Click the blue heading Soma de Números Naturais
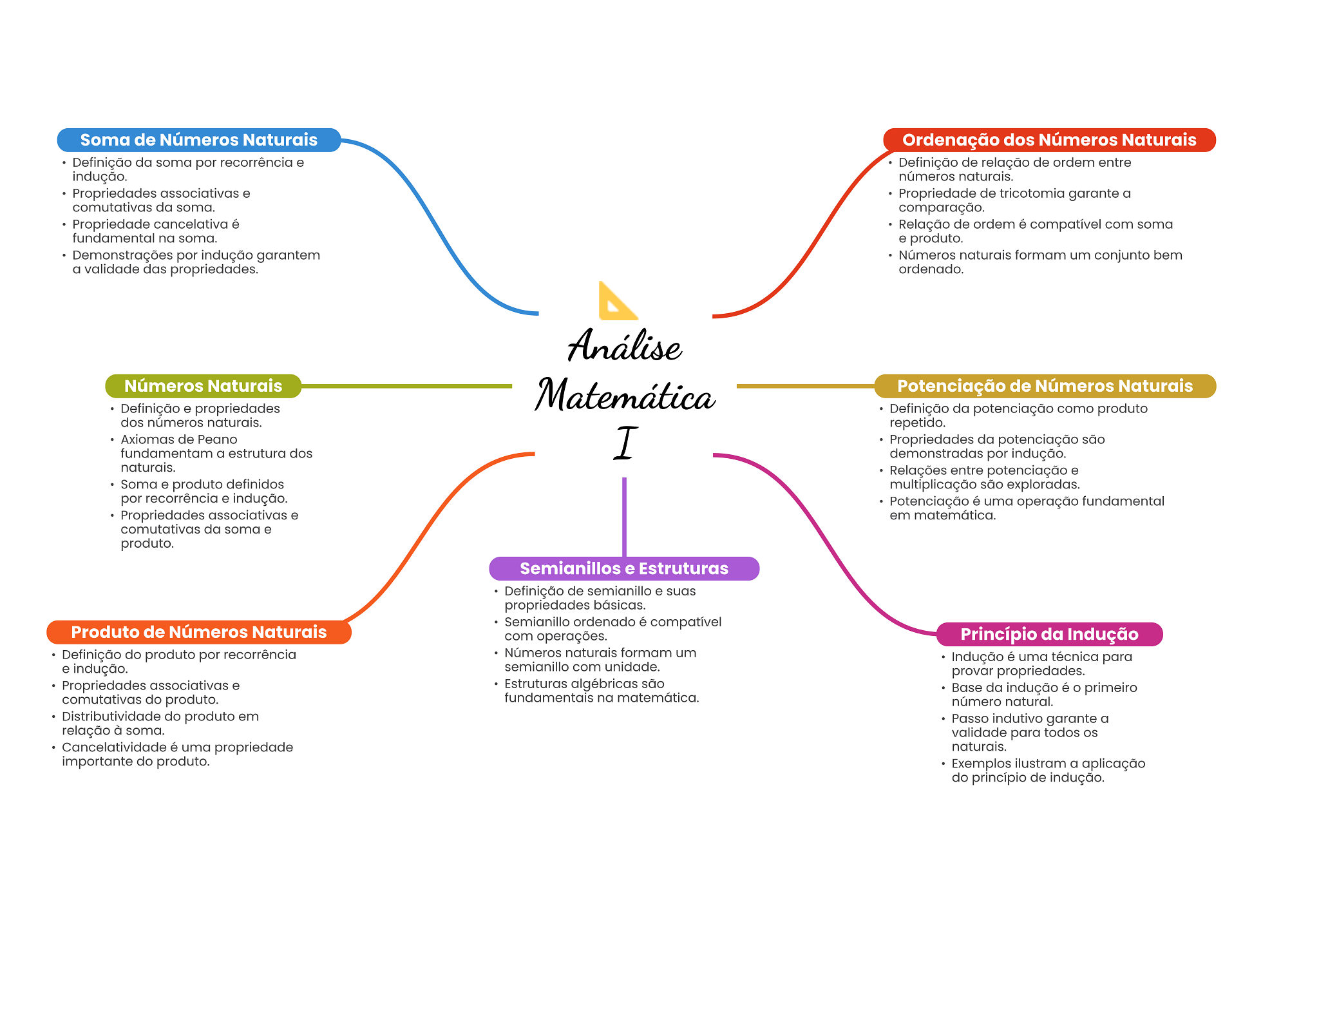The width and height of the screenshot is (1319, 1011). coord(199,140)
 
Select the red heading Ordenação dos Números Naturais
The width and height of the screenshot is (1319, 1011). coord(1049,140)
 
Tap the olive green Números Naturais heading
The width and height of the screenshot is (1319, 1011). coord(203,386)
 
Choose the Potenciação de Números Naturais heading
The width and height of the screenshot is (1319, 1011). coord(1045,386)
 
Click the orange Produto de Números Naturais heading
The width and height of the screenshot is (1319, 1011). coord(199,632)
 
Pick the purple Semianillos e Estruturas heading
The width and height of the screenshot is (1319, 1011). coord(624,568)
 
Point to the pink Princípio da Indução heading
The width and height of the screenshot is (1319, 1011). coord(1049,634)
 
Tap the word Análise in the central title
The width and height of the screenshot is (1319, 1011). coord(624,345)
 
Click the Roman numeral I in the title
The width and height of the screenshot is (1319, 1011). coord(625,443)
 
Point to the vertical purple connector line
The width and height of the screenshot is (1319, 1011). coord(624,517)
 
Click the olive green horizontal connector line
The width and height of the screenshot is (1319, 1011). coord(406,386)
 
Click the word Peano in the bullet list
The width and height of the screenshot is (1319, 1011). coord(218,439)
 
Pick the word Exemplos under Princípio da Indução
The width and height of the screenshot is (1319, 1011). coord(981,764)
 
